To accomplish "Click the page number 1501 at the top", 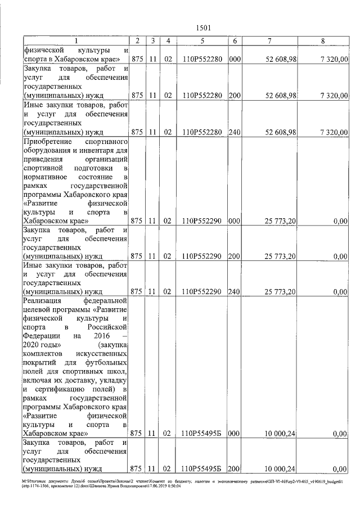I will (204, 28).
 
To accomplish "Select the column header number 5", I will (201, 40).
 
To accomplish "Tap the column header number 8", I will (322, 40).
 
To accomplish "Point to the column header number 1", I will (76, 40).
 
